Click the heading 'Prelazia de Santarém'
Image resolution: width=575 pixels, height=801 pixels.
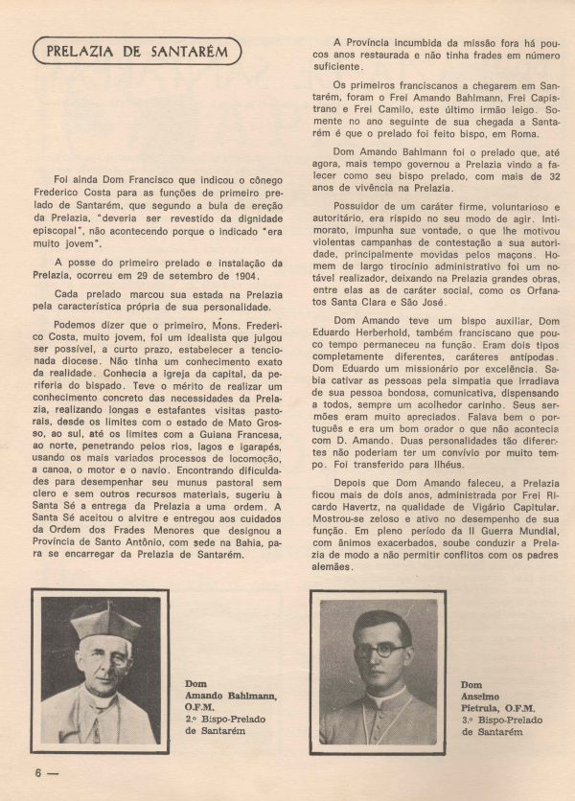pos(136,51)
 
